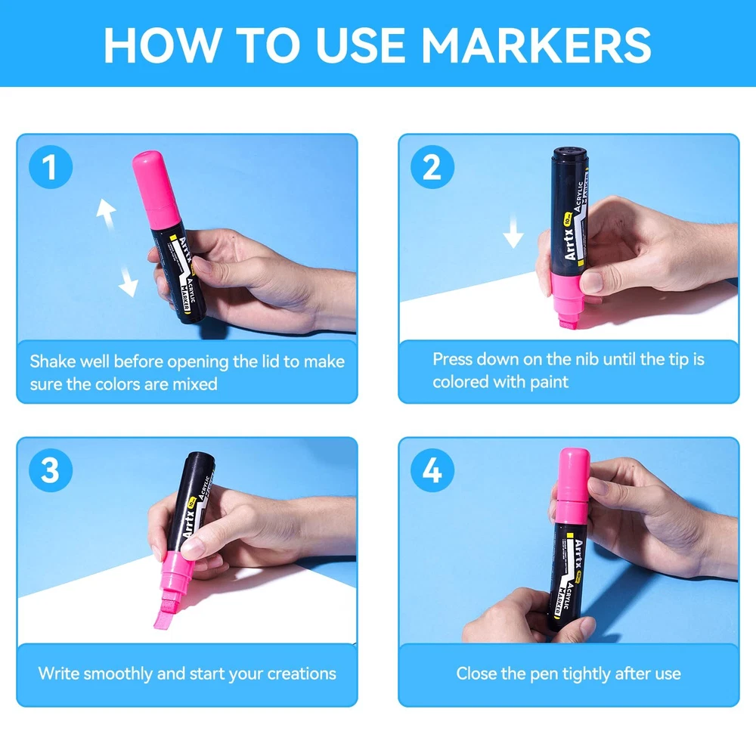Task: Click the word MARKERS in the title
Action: coord(536,45)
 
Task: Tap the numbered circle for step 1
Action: coord(51,167)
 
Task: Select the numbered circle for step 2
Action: coord(432,167)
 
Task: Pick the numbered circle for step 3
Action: coord(51,470)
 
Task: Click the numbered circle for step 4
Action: coord(432,470)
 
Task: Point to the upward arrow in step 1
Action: coord(107,213)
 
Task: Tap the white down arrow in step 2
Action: coord(513,231)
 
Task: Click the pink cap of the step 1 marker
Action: coord(156,190)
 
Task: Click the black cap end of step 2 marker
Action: coord(569,154)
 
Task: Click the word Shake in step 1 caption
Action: coord(53,361)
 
